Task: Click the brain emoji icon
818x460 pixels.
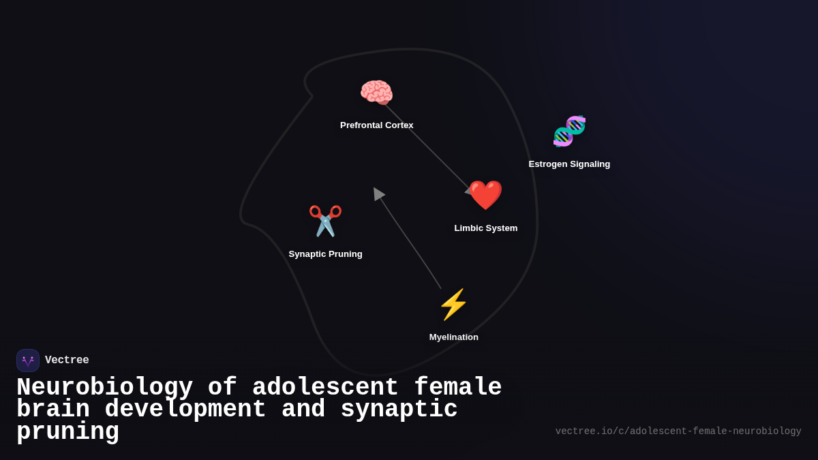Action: point(376,93)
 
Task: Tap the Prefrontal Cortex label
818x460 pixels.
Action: point(376,125)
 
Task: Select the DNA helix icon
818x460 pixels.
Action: point(569,131)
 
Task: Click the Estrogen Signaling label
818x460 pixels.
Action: point(569,164)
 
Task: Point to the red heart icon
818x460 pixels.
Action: point(485,196)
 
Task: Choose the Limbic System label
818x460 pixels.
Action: point(485,228)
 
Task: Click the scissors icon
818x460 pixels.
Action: point(325,221)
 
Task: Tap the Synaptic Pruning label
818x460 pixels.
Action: point(325,254)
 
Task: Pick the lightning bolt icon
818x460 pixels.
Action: point(453,305)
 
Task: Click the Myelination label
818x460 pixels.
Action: point(453,337)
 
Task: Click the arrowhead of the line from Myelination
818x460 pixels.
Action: point(378,194)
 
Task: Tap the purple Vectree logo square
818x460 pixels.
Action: point(28,361)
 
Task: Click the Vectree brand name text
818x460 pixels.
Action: point(67,361)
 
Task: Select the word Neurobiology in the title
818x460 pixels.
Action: point(104,388)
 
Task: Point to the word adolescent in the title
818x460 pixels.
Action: point(325,388)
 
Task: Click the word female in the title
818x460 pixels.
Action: point(458,388)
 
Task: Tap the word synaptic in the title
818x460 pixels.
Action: point(399,410)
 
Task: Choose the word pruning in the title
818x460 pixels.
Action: point(67,432)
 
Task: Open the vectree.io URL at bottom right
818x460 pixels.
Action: point(678,431)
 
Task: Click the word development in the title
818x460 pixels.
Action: point(185,410)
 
